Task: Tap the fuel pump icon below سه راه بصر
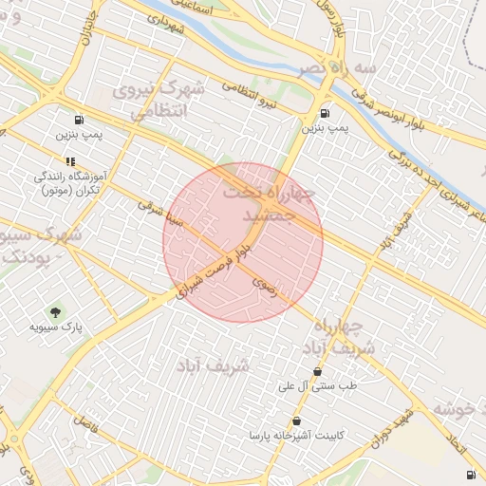326,110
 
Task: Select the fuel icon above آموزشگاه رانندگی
77,121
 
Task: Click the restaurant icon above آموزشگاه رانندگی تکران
70,161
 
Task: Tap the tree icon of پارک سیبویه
55,312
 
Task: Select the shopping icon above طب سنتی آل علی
317,371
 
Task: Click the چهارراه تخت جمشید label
267,205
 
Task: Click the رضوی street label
265,285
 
